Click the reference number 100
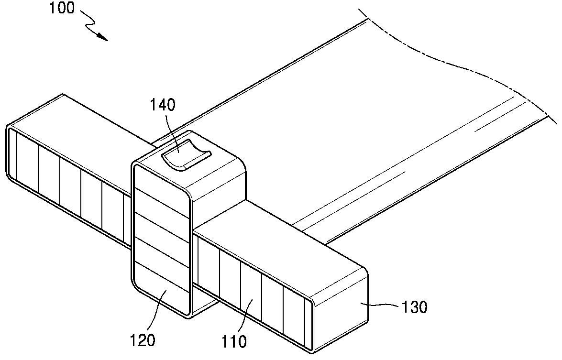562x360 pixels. pos(62,8)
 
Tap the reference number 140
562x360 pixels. pos(164,105)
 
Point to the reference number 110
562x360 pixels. pos(234,341)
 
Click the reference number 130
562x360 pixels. pos(415,306)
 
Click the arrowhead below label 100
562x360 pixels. pos(102,37)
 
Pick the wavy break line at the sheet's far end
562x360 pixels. pos(459,62)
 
